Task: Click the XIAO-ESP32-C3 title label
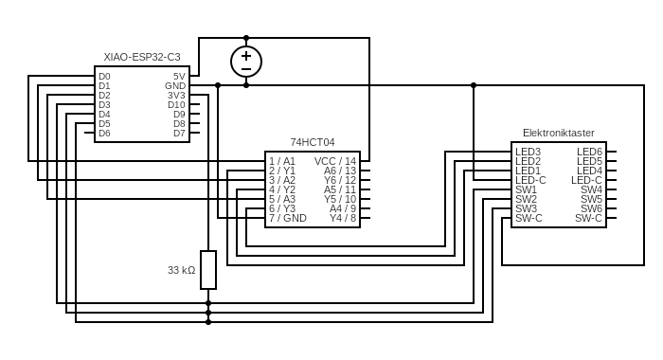click(x=142, y=57)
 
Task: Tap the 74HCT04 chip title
click(x=313, y=142)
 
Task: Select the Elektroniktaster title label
click(x=559, y=133)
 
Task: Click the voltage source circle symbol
click(x=246, y=62)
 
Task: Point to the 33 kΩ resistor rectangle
click(x=208, y=270)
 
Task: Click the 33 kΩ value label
click(x=182, y=270)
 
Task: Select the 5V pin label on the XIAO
click(x=179, y=77)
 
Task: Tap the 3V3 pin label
click(x=176, y=96)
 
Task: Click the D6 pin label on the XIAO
click(x=104, y=134)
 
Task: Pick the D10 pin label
click(x=176, y=105)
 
